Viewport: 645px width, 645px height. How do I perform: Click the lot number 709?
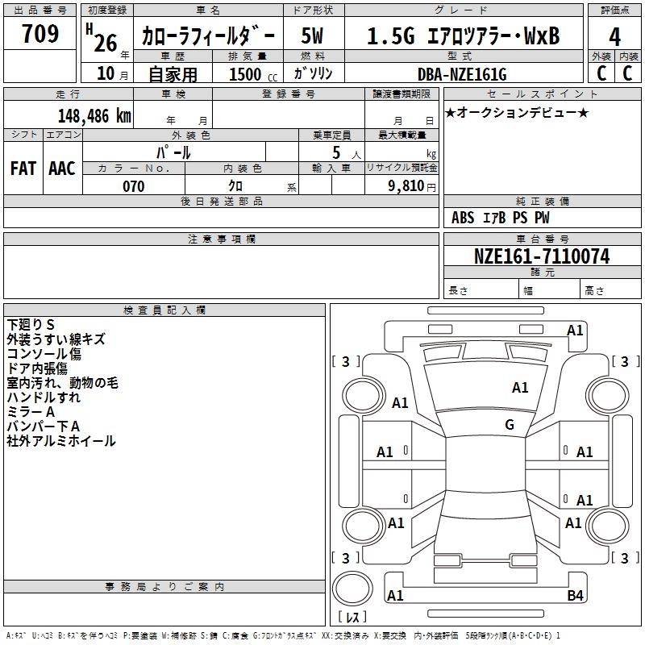click(x=40, y=34)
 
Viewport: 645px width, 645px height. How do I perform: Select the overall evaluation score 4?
click(x=614, y=37)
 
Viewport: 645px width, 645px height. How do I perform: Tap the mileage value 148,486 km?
click(x=94, y=115)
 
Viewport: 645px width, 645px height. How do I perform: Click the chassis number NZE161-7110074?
click(x=542, y=256)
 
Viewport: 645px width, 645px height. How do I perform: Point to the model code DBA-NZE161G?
click(x=462, y=74)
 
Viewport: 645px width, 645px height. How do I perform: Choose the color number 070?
click(x=134, y=186)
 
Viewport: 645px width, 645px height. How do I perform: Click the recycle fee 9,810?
click(x=406, y=186)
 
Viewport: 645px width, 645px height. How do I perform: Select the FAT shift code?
click(x=23, y=169)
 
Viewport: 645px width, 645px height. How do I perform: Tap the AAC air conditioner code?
click(x=62, y=169)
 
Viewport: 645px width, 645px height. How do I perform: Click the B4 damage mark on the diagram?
click(x=575, y=595)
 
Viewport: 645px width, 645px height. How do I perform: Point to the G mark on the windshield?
click(x=510, y=424)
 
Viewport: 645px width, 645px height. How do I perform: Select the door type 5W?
click(x=312, y=35)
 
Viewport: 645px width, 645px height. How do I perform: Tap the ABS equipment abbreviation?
click(x=463, y=218)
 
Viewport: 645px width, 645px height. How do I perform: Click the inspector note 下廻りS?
click(x=31, y=325)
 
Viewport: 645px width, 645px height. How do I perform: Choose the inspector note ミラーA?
click(x=31, y=412)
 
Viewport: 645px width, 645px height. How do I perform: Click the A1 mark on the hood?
click(x=520, y=387)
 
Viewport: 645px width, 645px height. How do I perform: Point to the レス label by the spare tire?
click(x=352, y=616)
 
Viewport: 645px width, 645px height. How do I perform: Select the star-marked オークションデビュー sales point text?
click(x=517, y=112)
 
